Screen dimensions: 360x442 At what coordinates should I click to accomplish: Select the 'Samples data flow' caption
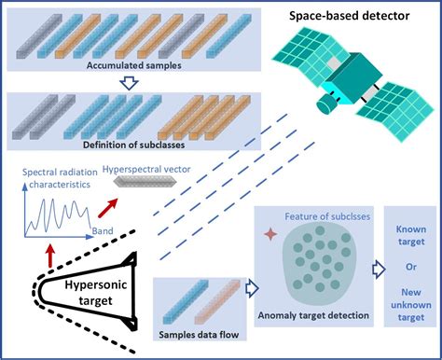click(x=198, y=335)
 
